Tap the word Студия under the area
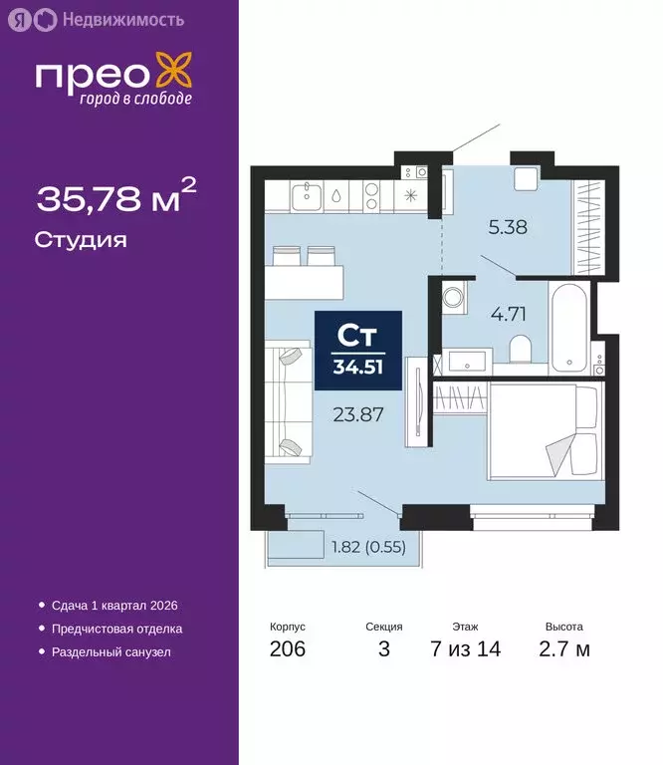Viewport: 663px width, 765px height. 80,240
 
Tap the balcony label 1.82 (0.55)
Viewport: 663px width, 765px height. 368,546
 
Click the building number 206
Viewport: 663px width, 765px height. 288,649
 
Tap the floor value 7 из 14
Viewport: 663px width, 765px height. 465,649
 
